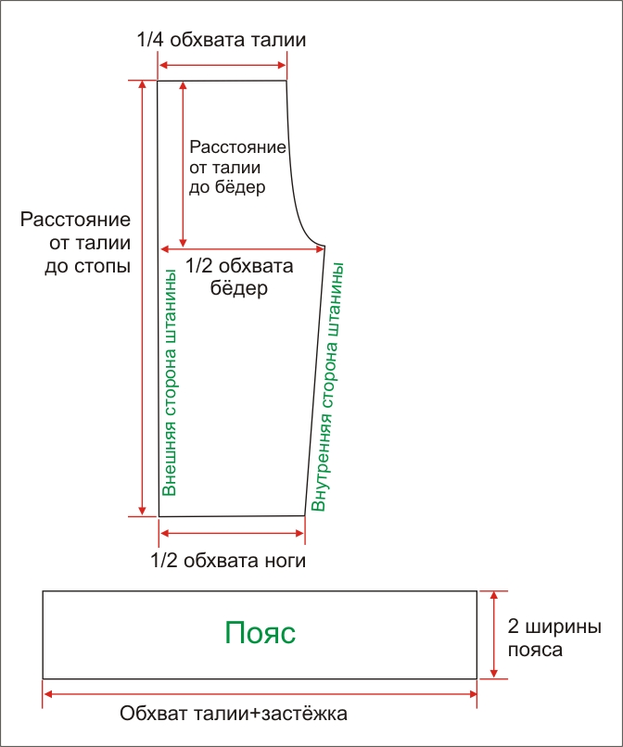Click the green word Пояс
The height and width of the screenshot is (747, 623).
[260, 633]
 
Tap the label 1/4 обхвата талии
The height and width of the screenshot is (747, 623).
[222, 40]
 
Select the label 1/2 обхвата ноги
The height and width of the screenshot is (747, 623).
[228, 561]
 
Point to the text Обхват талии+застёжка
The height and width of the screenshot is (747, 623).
[233, 714]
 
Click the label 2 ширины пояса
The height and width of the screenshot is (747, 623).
[553, 638]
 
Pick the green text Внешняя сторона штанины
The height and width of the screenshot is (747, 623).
[170, 383]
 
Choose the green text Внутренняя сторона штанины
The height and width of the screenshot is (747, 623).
[327, 386]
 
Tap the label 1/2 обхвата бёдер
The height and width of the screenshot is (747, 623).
[239, 277]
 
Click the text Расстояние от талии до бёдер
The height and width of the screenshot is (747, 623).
[237, 167]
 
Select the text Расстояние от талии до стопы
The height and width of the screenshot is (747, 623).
[75, 243]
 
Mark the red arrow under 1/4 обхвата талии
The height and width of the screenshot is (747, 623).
[222, 66]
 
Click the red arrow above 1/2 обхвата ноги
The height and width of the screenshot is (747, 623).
[232, 533]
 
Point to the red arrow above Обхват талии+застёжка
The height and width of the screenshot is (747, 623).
[261, 694]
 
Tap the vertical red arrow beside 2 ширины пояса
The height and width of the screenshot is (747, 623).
[494, 635]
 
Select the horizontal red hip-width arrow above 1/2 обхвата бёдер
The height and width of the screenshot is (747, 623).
[243, 248]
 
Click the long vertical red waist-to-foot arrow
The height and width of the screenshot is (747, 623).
[142, 298]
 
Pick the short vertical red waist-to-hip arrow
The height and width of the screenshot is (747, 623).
[183, 164]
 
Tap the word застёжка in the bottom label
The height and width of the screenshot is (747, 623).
[305, 714]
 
